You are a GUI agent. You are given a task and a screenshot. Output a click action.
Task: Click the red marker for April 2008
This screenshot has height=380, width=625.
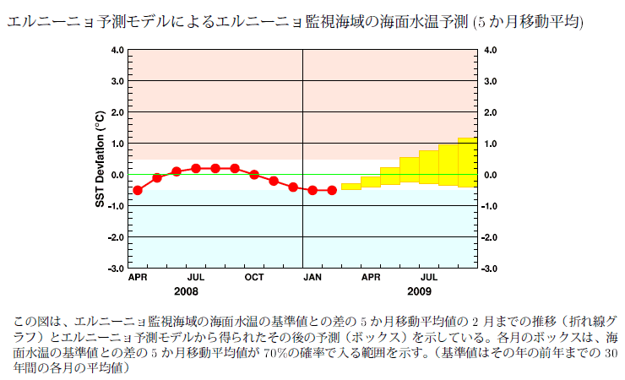point(138,190)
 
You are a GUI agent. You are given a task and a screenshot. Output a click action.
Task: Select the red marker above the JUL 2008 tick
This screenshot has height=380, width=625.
point(196,168)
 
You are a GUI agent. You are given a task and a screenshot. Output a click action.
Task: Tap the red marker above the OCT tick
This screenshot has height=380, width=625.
point(254,175)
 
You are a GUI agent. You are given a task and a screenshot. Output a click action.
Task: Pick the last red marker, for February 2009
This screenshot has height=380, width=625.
point(332,190)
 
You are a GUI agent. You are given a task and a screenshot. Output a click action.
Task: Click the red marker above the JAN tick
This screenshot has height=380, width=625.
point(312,190)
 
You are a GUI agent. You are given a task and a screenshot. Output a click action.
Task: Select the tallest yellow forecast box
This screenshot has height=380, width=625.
point(468,162)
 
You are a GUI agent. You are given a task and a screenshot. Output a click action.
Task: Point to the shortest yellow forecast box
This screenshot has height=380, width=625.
point(351,187)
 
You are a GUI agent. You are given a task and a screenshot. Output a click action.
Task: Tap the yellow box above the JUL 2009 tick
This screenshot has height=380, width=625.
point(429,167)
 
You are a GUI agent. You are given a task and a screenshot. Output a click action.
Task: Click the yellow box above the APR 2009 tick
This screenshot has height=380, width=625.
point(371,182)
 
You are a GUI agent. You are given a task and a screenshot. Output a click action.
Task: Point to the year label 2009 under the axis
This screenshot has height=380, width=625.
point(419,290)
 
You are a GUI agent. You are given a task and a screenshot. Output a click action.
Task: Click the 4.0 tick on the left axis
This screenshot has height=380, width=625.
point(117,51)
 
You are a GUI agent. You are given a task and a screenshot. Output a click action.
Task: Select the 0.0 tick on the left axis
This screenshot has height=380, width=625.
point(117,175)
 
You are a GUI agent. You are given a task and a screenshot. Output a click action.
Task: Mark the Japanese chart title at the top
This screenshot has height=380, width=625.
point(296,19)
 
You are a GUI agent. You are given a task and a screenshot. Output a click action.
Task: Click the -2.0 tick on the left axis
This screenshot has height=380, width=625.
point(116,237)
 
